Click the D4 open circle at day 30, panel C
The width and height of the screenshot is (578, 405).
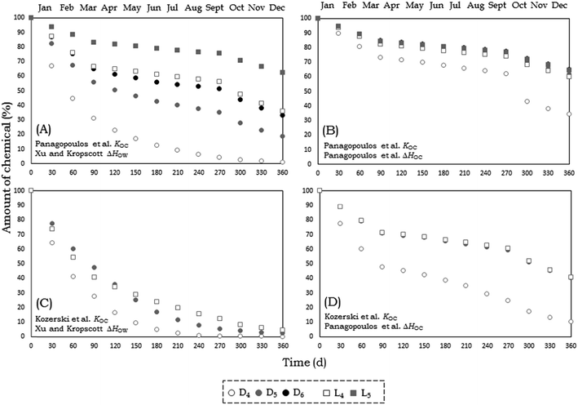point(52,243)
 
